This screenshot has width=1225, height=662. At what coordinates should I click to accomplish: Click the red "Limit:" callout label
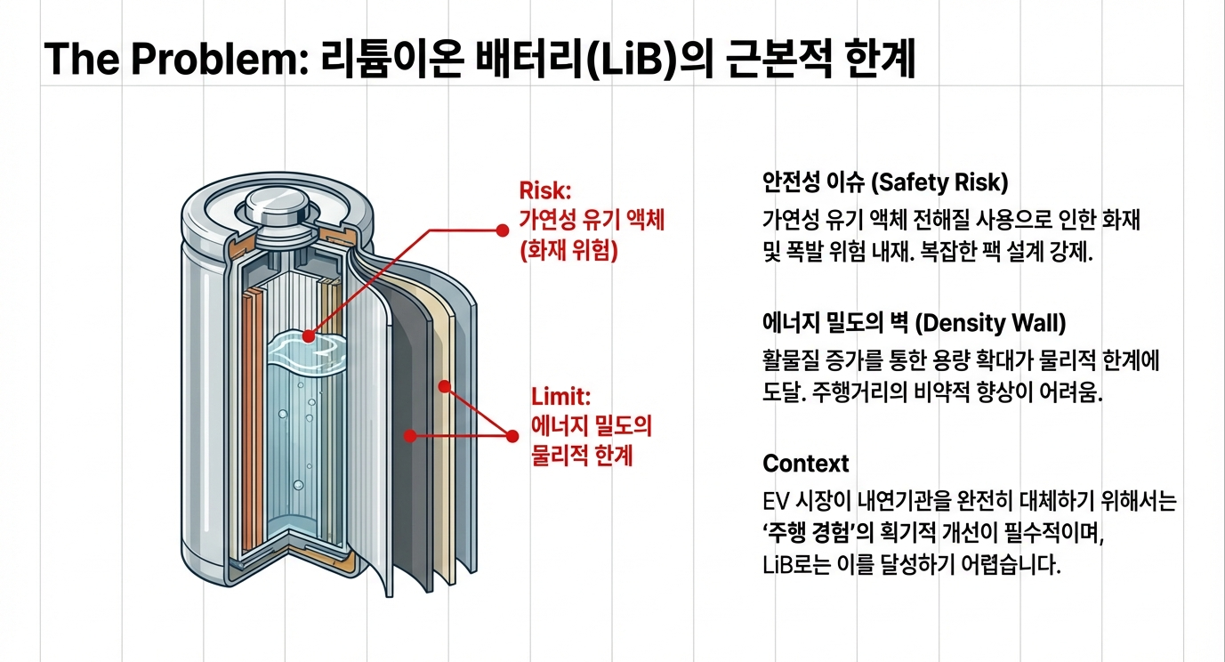[560, 396]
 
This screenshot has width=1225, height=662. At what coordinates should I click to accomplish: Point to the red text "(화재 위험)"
[568, 251]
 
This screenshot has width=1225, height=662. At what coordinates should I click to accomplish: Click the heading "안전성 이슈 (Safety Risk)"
[885, 183]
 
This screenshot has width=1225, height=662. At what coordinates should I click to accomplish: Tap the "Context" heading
[806, 464]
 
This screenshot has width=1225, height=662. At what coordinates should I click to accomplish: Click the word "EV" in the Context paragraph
[777, 502]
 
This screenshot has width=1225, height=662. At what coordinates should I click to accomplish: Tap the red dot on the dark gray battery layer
[410, 435]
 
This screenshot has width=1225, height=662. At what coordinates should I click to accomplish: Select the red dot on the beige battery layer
[444, 386]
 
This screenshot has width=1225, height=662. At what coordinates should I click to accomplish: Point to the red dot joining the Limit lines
[512, 436]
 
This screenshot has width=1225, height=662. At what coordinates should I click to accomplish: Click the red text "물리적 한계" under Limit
[582, 455]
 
